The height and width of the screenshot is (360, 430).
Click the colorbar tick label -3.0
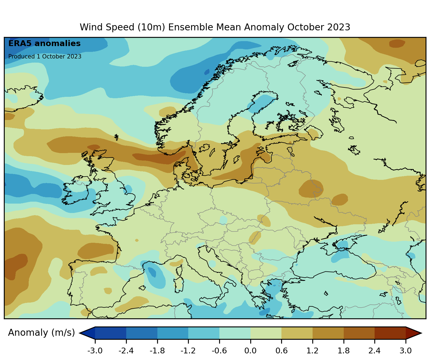pos(95,351)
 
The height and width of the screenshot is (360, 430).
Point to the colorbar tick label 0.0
pos(250,351)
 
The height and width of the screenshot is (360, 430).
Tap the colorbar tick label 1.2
pos(312,351)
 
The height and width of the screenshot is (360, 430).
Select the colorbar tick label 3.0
pos(405,351)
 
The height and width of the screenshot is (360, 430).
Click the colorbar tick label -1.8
pos(157,351)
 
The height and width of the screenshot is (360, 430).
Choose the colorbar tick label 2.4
pos(374,351)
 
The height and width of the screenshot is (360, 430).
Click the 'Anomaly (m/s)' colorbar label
pos(41,333)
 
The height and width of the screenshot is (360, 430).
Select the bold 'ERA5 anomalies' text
pos(44,44)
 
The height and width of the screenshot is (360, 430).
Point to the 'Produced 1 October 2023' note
pos(45,57)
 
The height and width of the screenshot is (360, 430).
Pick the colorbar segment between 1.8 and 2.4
pos(359,333)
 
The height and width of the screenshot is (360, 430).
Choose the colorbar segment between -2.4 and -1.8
pos(142,333)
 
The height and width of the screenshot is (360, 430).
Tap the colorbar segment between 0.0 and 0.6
pos(266,333)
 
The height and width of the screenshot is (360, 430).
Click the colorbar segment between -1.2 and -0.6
pos(204,333)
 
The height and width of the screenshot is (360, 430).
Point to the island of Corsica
pos(179,270)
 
